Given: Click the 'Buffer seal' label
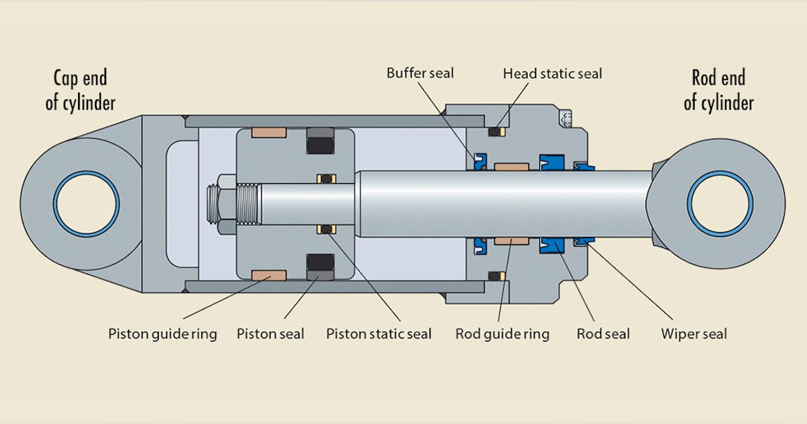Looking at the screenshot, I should tap(420, 73).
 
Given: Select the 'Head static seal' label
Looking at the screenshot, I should tap(552, 73).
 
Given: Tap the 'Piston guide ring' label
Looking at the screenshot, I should tap(163, 334).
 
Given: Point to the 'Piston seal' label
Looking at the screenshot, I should tap(270, 334).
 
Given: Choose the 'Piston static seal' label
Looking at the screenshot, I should tap(379, 334).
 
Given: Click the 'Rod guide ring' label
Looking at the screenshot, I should tap(502, 334).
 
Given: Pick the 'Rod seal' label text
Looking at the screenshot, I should tap(603, 334).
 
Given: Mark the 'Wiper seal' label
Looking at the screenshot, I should tap(694, 334).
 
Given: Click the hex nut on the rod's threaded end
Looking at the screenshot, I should tap(227, 204).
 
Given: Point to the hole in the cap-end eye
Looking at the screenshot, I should tap(87, 203).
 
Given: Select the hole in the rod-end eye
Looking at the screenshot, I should tap(720, 203).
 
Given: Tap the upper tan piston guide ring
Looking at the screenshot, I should tap(269, 133).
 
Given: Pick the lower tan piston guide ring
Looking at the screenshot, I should tap(269, 275).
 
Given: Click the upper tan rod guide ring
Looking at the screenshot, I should tap(511, 166).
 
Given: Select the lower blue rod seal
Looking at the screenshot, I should tap(554, 246).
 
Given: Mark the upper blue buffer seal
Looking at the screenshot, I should tap(480, 160).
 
